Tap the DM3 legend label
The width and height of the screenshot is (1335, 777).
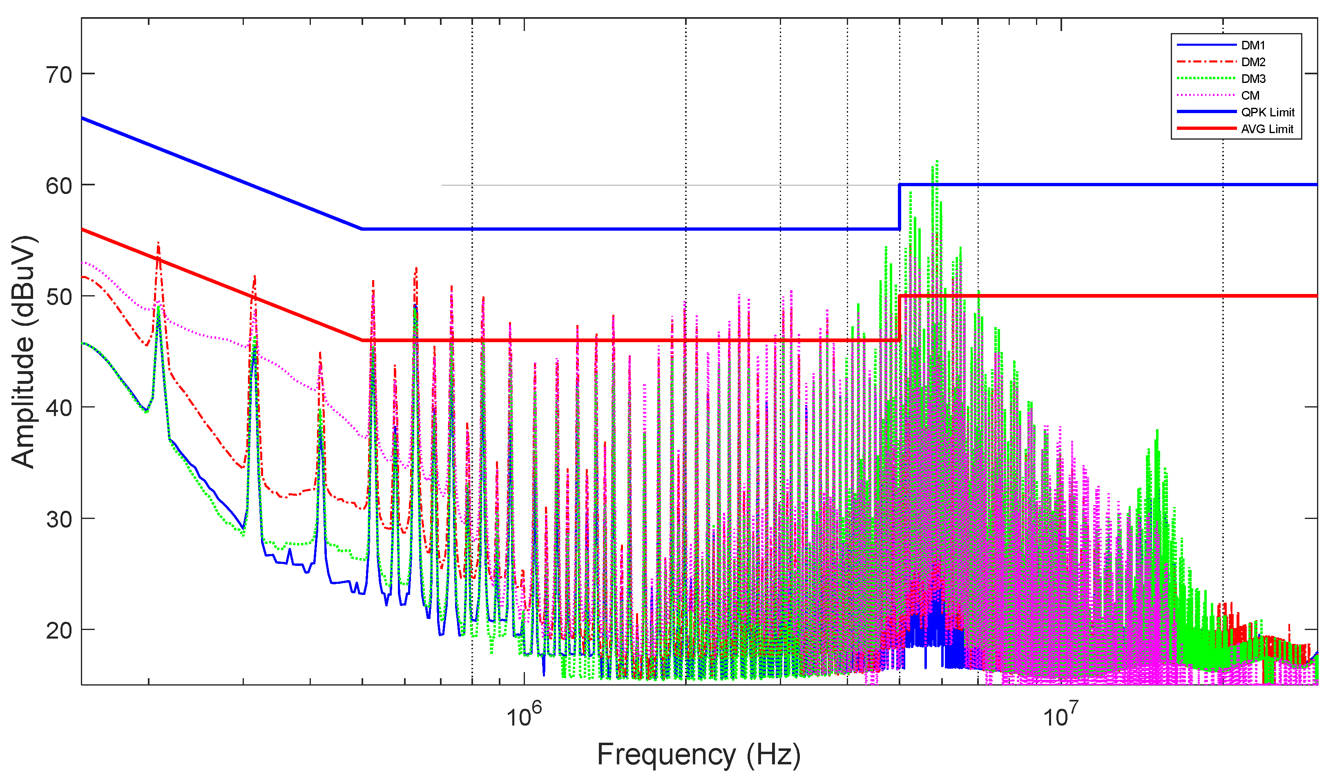point(1253,79)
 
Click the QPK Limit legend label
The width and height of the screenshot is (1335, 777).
point(1267,112)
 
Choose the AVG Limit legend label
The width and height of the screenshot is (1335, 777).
point(1267,129)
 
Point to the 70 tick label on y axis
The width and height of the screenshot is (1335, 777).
point(59,75)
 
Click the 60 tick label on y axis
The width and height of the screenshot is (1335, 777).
point(59,187)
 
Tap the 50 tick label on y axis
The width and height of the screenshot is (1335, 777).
point(59,297)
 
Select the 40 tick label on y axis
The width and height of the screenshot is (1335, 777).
point(59,408)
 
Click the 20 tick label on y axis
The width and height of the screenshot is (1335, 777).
point(59,631)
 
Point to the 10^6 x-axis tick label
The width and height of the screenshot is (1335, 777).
point(524,716)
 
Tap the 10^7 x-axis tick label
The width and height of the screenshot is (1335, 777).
point(1060,716)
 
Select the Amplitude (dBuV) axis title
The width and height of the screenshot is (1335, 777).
point(23,352)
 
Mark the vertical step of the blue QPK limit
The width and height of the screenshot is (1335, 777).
point(899,207)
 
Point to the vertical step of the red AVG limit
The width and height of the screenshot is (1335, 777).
point(899,318)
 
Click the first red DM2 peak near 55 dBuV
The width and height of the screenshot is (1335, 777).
point(158,244)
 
